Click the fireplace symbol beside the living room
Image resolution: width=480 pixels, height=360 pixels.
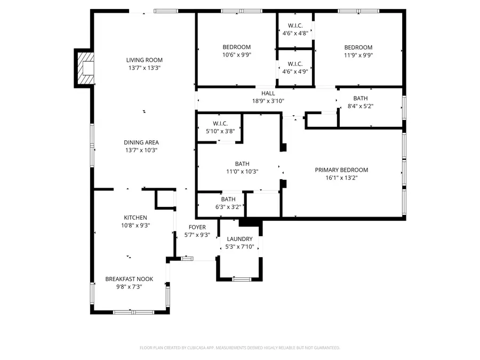[85, 68]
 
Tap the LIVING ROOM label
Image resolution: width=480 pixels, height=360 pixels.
[144, 60]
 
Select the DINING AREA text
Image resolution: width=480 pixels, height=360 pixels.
[141, 142]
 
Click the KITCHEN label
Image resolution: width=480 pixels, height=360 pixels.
[135, 218]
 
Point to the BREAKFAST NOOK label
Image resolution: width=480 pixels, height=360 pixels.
[129, 279]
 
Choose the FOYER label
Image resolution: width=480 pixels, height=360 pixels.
[197, 227]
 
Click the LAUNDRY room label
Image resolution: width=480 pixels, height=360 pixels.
[239, 239]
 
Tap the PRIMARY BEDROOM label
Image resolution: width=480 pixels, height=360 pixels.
[341, 170]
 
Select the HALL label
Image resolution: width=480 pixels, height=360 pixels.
[268, 93]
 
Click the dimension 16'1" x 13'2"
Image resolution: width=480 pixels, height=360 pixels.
[341, 178]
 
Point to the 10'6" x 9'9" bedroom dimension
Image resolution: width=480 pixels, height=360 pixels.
[236, 54]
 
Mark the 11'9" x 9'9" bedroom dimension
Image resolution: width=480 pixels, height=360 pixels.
[358, 54]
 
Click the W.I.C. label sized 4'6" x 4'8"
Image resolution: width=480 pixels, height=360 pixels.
[295, 26]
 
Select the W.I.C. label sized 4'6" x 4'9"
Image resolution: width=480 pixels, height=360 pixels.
[295, 63]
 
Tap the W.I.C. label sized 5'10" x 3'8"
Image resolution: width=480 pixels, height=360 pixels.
[220, 123]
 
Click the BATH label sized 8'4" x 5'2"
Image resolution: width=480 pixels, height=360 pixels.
[361, 98]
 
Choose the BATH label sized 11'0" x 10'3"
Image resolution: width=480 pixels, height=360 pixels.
[242, 164]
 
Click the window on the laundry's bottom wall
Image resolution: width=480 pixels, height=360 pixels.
[242, 278]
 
